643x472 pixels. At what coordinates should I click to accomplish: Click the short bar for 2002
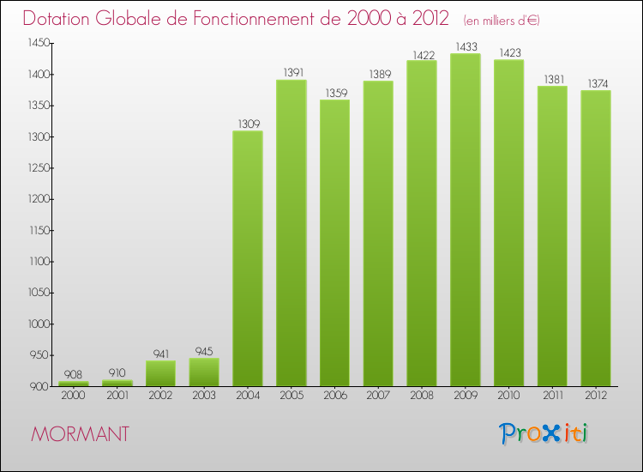(160, 373)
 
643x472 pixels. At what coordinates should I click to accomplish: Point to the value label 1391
(291, 72)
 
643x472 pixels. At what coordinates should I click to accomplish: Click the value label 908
(74, 374)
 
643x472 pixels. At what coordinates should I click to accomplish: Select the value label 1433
(465, 46)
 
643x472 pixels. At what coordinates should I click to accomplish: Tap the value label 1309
(248, 124)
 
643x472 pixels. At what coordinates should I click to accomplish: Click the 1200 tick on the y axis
(39, 199)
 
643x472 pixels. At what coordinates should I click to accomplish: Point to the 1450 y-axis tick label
(39, 43)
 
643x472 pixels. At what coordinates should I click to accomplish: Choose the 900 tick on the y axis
(41, 386)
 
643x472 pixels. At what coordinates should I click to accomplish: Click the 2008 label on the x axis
(421, 396)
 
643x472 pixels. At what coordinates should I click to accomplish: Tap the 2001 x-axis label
(117, 396)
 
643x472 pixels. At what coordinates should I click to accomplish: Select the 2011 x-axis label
(551, 396)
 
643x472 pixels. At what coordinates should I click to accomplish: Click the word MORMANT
(80, 434)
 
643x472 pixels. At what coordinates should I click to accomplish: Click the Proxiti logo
(545, 433)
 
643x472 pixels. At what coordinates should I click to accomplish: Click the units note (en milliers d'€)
(502, 21)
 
